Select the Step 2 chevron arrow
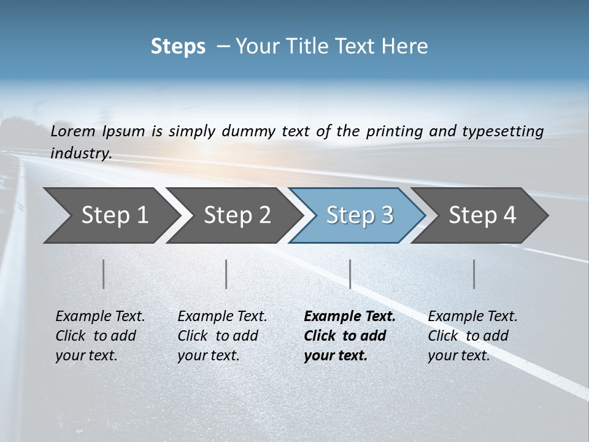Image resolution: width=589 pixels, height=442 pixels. click(233, 215)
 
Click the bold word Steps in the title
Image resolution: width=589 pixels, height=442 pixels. click(178, 47)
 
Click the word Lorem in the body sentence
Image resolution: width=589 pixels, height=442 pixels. click(73, 131)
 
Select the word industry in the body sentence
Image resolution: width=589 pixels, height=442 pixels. click(80, 153)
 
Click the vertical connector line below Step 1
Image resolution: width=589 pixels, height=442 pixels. click(104, 274)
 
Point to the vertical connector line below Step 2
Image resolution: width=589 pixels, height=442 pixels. click(226, 274)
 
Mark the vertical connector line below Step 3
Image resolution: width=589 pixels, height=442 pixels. click(350, 274)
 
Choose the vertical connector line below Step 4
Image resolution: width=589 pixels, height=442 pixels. click(474, 274)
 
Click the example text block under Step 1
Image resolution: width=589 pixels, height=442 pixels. click(100, 336)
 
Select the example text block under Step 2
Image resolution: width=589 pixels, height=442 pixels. click(222, 336)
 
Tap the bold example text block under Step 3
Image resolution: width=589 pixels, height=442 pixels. click(350, 336)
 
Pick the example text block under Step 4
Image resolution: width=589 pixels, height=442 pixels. click(472, 336)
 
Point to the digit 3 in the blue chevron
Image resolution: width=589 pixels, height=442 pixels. click(387, 215)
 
